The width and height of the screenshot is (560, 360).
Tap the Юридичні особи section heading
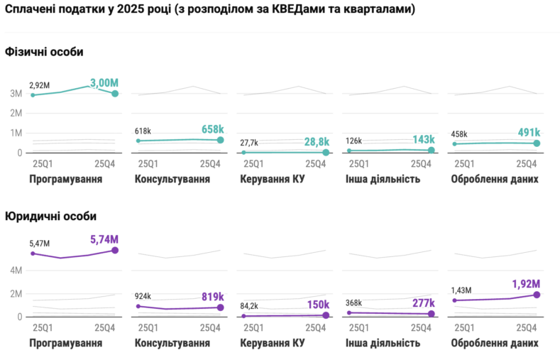50,216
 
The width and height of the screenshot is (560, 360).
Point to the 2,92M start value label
39,86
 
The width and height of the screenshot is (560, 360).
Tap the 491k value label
527,132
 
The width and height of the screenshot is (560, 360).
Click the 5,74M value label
103,240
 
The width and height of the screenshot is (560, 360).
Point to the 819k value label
212,297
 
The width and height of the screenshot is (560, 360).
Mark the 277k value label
422,303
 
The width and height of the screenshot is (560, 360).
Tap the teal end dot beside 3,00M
115,94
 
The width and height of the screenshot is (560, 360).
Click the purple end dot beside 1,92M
537,294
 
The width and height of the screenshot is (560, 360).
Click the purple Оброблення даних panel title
495,343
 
